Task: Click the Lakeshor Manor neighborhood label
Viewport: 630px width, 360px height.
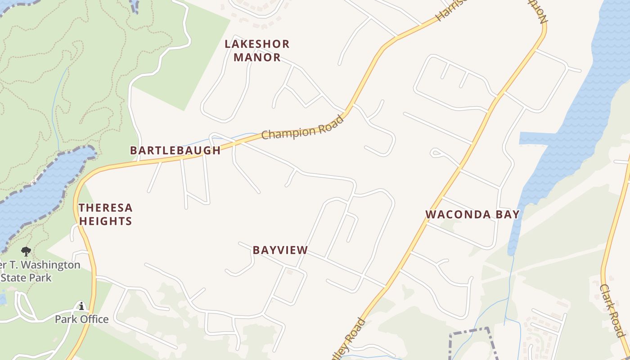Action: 257,51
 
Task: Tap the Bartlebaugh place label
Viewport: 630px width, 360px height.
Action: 175,151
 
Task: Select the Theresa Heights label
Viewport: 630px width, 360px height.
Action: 106,214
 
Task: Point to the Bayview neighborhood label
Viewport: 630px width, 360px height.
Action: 280,250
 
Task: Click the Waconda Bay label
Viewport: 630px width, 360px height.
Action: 472,215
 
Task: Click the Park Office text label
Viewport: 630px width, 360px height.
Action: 82,319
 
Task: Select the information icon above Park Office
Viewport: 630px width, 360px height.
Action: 81,306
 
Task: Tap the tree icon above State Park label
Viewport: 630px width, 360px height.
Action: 26,252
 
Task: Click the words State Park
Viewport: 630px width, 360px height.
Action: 27,277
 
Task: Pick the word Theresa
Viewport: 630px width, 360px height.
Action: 106,208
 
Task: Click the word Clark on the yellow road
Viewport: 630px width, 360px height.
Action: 607,297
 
